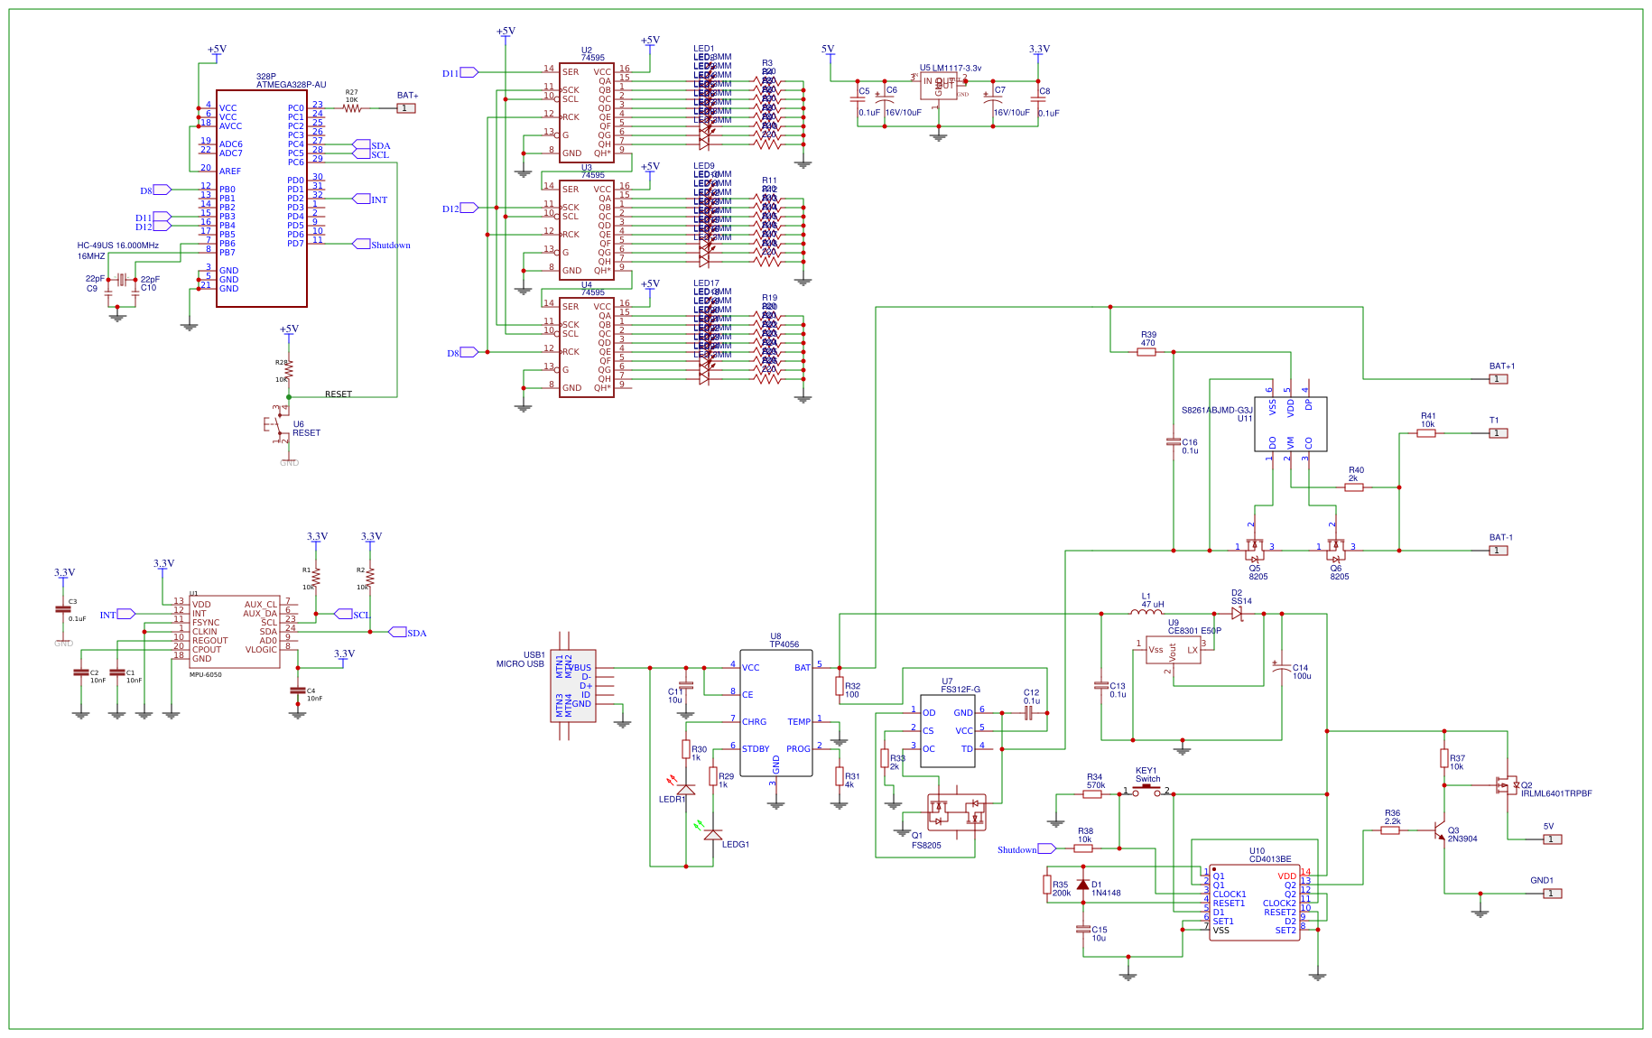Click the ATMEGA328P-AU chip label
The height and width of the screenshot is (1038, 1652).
tap(291, 85)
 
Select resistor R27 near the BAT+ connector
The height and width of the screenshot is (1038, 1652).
tap(351, 107)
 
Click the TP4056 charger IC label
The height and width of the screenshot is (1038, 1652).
tap(784, 644)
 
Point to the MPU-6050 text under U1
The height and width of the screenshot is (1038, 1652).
tap(205, 675)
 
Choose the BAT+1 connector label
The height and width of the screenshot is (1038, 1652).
tap(1502, 366)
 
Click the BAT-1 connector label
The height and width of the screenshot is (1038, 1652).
tap(1500, 538)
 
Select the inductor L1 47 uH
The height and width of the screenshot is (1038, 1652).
tap(1147, 612)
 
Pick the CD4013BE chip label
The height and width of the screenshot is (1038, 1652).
tap(1270, 859)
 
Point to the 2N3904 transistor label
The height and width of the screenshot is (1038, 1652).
tap(1462, 839)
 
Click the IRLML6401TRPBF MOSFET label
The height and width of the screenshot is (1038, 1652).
tap(1556, 793)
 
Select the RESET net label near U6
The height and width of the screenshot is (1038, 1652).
tap(339, 394)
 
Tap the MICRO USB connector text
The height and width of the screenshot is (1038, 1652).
tap(520, 664)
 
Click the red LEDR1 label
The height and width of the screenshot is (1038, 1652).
tap(672, 800)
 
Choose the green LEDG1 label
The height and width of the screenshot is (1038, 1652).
tap(735, 845)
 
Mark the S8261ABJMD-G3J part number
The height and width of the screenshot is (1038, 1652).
tap(1217, 411)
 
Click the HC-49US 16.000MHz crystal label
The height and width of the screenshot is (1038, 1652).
tap(117, 246)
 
